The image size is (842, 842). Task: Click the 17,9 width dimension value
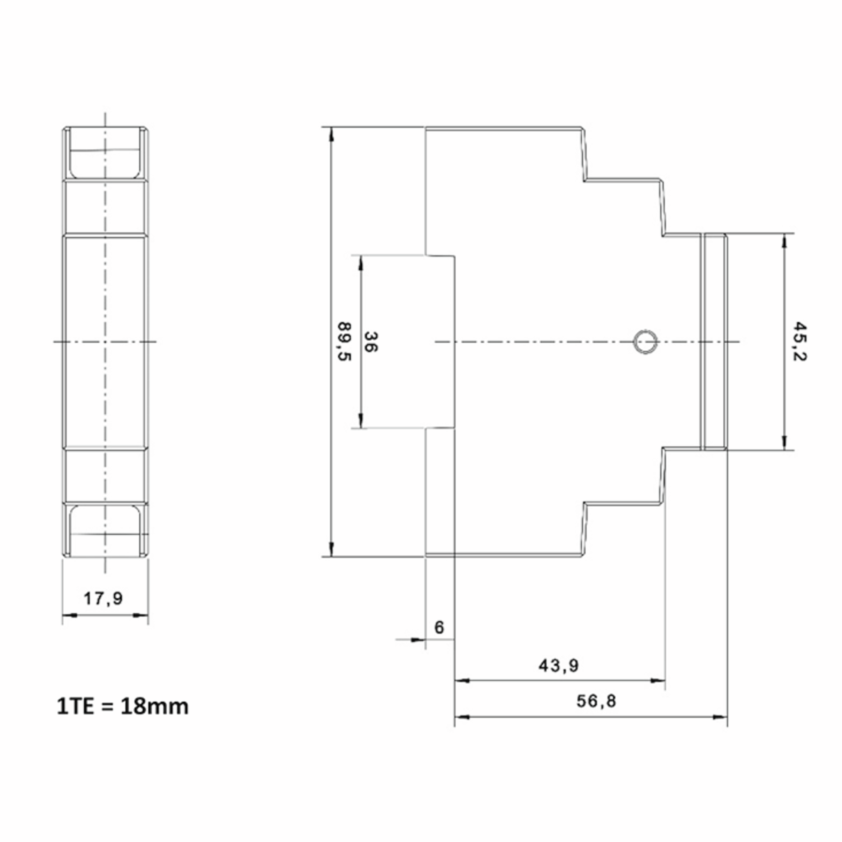tap(103, 599)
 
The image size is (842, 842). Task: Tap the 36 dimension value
tap(370, 342)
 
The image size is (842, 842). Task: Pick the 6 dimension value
tap(439, 627)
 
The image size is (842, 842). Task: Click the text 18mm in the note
tap(154, 707)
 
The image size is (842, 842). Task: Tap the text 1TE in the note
tap(75, 707)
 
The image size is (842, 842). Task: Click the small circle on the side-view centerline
tap(645, 341)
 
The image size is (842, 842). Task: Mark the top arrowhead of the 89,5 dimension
tap(331, 133)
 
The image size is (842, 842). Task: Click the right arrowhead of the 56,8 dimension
tap(720, 717)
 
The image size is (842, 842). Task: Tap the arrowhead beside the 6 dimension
tap(418, 640)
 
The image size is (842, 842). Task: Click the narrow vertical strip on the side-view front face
tap(714, 342)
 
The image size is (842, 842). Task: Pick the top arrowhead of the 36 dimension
tap(360, 263)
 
